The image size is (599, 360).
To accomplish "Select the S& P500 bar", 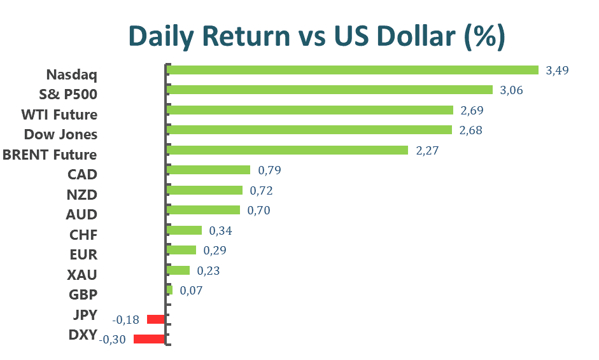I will coord(329,90).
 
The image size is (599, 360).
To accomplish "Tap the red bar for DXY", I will coord(149,339).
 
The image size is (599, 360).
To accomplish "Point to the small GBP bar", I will coord(169,290).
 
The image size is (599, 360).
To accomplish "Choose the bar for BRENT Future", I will coord(287,150).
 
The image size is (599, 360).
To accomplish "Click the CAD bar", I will coord(208,170).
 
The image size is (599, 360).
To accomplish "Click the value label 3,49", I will coord(557,70).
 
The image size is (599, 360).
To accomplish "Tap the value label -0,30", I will coord(113,340).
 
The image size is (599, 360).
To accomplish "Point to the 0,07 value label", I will coord(191,291).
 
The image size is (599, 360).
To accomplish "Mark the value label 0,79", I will coord(269,170).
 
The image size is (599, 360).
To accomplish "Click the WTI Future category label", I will coord(59,115).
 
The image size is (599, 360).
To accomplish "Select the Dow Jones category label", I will coord(60,135).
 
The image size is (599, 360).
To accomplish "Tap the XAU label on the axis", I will coord(81,275).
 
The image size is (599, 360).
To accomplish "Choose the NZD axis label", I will coord(81,194).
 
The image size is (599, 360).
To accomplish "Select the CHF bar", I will coord(184,230).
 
